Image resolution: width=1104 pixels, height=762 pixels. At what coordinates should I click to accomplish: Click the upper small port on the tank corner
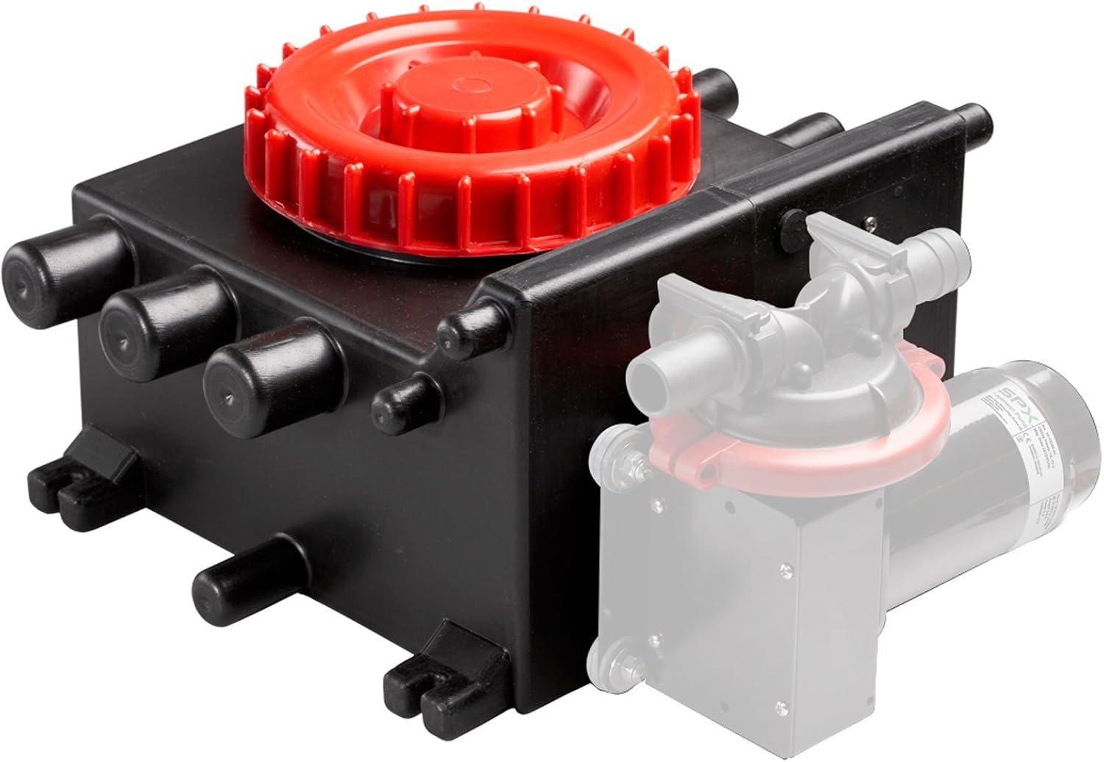click(471, 328)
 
